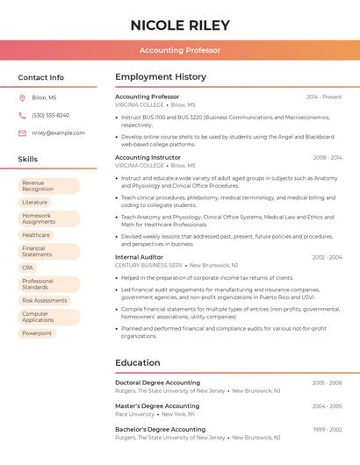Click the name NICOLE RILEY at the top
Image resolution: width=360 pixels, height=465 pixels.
(x=180, y=25)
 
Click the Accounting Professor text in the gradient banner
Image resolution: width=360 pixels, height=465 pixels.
(x=180, y=50)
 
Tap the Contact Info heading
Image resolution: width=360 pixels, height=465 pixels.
(x=41, y=77)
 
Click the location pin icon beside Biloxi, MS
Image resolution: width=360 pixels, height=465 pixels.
(x=22, y=97)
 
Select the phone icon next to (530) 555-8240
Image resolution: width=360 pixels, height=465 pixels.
(x=22, y=115)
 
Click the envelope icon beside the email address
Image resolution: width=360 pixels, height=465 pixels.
(x=22, y=132)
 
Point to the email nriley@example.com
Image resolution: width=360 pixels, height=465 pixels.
(x=58, y=132)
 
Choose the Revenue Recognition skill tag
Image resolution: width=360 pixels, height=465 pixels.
(x=48, y=186)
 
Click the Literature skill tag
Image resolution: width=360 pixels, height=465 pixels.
(x=35, y=202)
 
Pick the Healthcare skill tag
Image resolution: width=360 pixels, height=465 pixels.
(x=36, y=235)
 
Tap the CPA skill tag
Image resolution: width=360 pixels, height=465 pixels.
(x=28, y=268)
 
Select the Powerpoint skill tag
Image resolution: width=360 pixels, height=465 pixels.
(x=37, y=333)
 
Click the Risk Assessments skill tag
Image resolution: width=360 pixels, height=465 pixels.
(x=45, y=301)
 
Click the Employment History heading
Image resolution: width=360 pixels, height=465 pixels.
(x=161, y=77)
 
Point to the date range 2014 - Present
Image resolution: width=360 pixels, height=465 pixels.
(x=324, y=97)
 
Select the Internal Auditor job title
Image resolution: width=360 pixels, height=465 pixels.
(x=140, y=257)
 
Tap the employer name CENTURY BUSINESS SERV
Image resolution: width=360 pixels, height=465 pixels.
(x=148, y=265)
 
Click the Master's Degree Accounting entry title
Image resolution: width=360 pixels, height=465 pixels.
(x=157, y=406)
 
